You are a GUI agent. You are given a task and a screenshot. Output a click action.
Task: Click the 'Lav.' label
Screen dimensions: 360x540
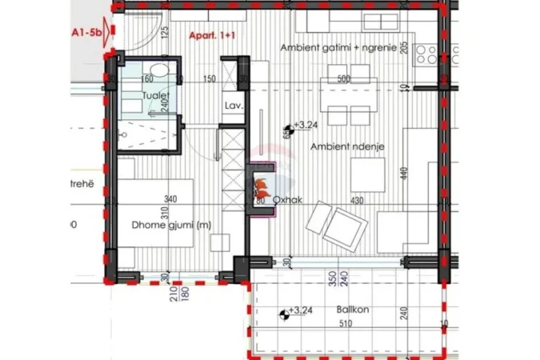234,106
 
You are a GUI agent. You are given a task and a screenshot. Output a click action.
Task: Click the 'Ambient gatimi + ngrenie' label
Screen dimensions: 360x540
338,48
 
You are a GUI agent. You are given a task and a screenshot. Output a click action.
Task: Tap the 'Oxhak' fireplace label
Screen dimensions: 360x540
286,201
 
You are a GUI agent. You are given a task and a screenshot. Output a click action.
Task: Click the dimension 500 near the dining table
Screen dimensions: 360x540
344,78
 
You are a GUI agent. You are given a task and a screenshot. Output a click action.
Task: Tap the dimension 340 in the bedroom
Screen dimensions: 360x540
170,200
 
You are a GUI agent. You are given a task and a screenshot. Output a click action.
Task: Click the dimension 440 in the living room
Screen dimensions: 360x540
404,171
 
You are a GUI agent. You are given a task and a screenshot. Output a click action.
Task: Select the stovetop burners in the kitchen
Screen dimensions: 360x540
426,54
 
